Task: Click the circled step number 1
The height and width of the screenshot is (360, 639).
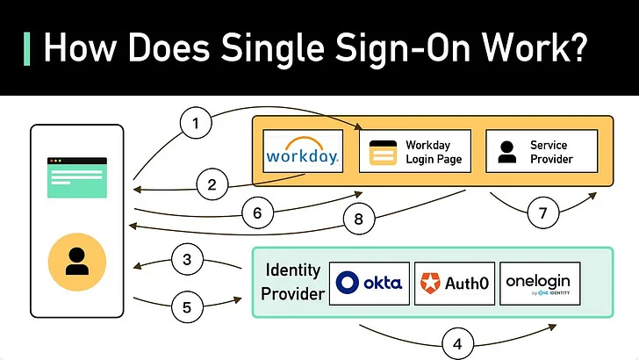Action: [196, 123]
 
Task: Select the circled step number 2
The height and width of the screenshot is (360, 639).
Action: [212, 184]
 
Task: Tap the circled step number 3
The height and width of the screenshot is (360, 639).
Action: [187, 259]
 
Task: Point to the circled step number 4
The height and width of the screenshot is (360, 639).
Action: [457, 343]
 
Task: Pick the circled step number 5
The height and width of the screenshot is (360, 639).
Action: [187, 307]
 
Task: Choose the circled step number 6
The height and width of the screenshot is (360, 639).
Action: [257, 212]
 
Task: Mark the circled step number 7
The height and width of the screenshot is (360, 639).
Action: [542, 212]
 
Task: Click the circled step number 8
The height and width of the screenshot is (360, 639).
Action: [359, 219]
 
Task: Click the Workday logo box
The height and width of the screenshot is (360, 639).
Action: [303, 151]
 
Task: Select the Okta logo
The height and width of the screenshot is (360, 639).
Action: [370, 284]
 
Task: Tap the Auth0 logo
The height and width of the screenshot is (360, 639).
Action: [455, 284]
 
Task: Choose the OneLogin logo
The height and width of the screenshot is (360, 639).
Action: [540, 284]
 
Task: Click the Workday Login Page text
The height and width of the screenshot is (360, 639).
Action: [434, 152]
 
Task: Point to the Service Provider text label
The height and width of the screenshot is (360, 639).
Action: [551, 152]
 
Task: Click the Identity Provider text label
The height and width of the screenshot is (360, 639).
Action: [292, 282]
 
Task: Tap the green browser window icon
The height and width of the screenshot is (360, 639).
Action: [77, 177]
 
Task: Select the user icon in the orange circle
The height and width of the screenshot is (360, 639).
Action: [77, 262]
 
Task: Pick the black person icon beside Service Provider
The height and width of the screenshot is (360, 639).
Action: [507, 152]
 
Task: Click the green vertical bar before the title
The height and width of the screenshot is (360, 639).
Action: [27, 49]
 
